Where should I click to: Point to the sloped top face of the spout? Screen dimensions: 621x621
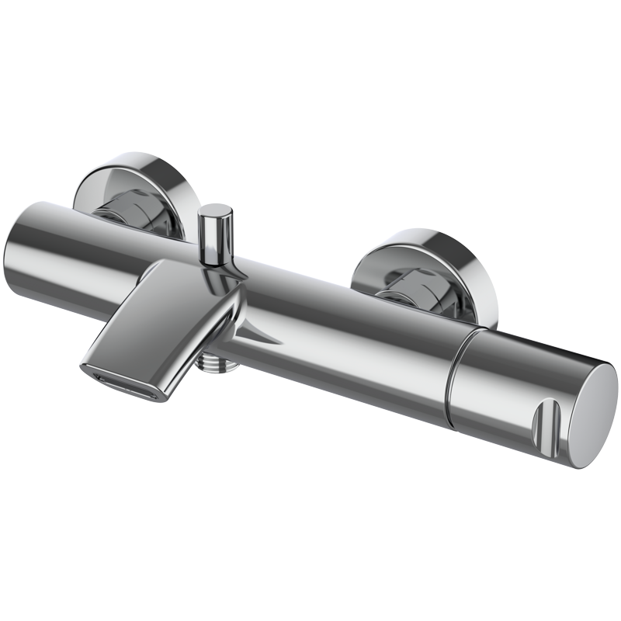tap(155, 310)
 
